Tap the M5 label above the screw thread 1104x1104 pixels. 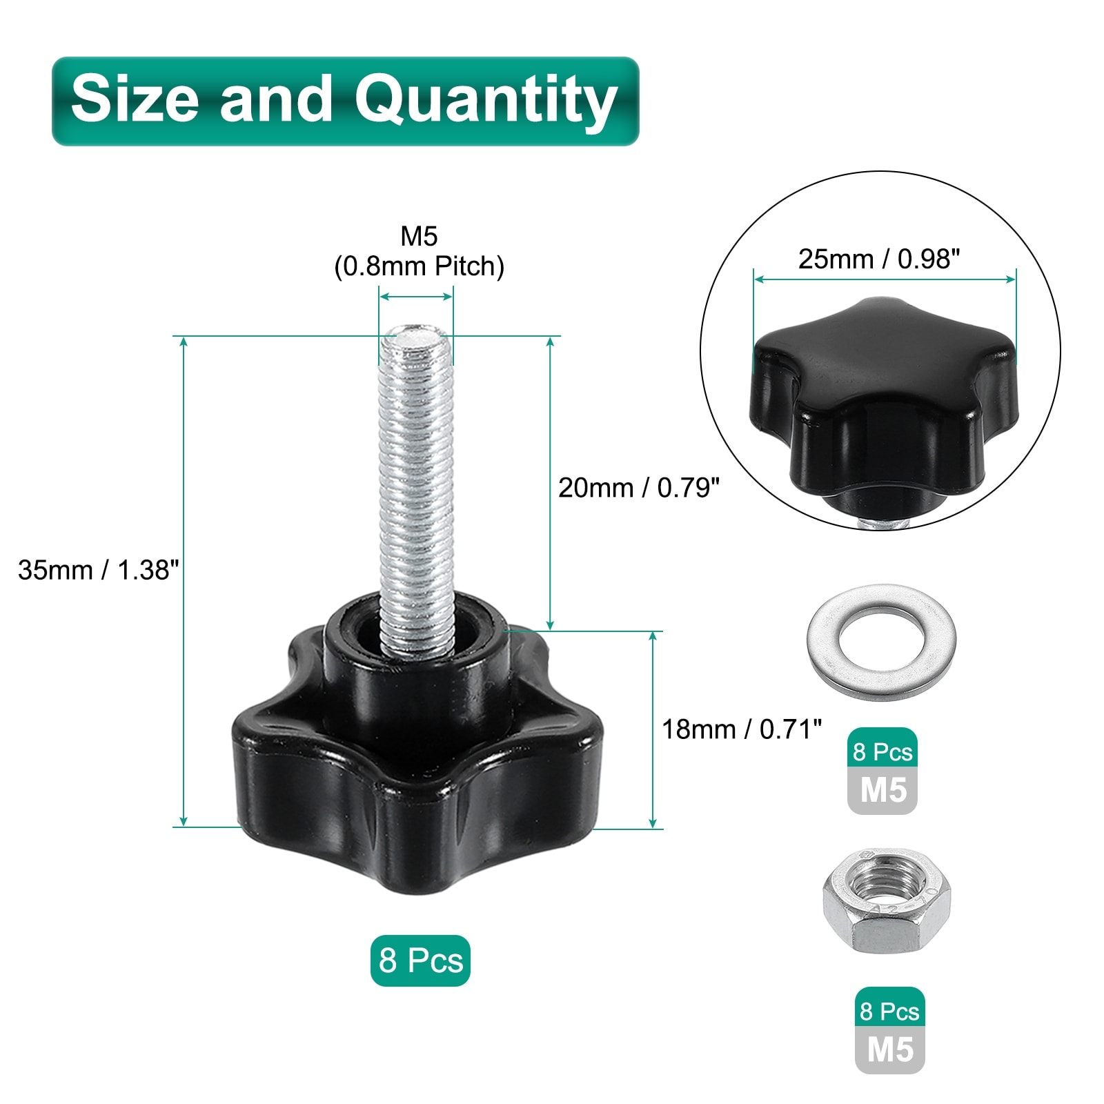(419, 237)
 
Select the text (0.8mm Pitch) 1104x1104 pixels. (419, 266)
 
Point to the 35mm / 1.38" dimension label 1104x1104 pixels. (99, 570)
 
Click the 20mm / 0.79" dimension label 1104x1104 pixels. (639, 488)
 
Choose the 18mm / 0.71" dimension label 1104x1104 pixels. (742, 729)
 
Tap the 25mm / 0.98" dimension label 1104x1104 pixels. (879, 259)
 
